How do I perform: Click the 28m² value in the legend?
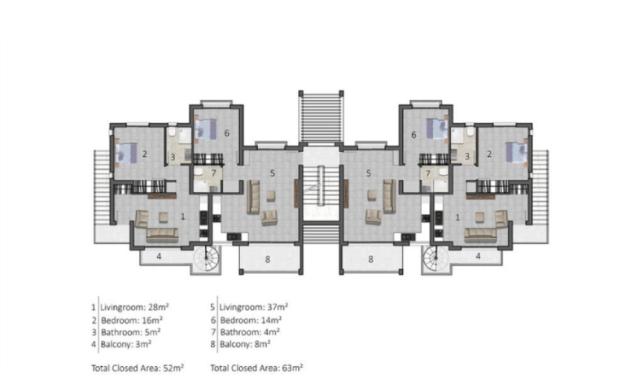(x=158, y=307)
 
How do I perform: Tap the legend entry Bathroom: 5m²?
(x=130, y=332)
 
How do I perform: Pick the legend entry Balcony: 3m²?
(x=126, y=344)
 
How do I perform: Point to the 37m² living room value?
(x=277, y=307)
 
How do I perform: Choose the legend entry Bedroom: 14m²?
(x=251, y=320)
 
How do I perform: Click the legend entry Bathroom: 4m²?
(x=250, y=332)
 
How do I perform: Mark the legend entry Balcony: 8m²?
(x=245, y=344)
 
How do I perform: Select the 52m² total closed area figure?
(x=173, y=368)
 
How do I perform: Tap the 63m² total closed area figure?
(x=292, y=368)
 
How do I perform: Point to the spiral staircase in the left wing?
(x=207, y=259)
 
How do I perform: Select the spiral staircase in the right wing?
(x=435, y=259)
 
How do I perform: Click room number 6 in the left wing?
(x=227, y=133)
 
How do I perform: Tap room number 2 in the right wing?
(x=489, y=154)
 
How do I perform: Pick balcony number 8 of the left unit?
(x=268, y=259)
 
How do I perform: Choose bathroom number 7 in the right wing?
(x=428, y=174)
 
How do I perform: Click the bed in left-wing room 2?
(x=126, y=153)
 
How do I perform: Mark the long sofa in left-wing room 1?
(x=163, y=235)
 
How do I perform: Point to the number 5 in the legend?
(x=212, y=307)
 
